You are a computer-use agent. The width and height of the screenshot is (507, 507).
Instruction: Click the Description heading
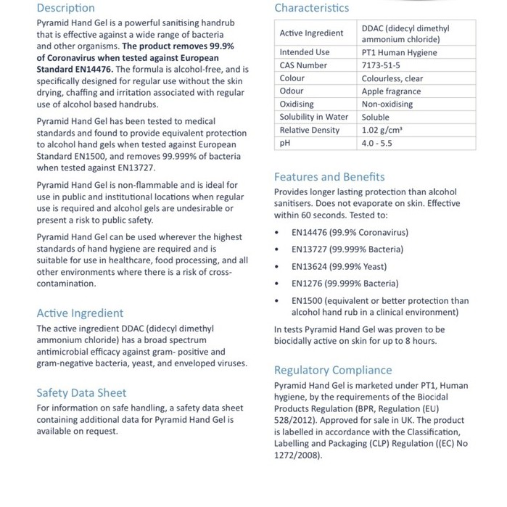65,8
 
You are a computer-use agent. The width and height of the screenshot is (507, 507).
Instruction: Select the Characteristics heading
311,8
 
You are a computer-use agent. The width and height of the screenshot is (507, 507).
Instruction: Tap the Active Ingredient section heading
80,313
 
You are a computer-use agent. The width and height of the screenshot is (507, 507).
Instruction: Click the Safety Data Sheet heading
81,393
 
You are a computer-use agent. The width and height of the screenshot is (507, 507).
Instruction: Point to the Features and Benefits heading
329,177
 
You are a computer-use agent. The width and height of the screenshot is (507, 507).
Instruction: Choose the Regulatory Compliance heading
333,370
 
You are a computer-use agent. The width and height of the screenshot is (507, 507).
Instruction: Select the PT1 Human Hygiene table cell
399,53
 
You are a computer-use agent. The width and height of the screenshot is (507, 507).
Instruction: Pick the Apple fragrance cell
391,91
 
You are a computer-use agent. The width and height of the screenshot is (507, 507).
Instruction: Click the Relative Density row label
309,131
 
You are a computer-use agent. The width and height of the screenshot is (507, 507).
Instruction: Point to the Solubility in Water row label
313,118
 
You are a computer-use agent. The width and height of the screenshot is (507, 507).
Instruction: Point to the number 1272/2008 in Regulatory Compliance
296,456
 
